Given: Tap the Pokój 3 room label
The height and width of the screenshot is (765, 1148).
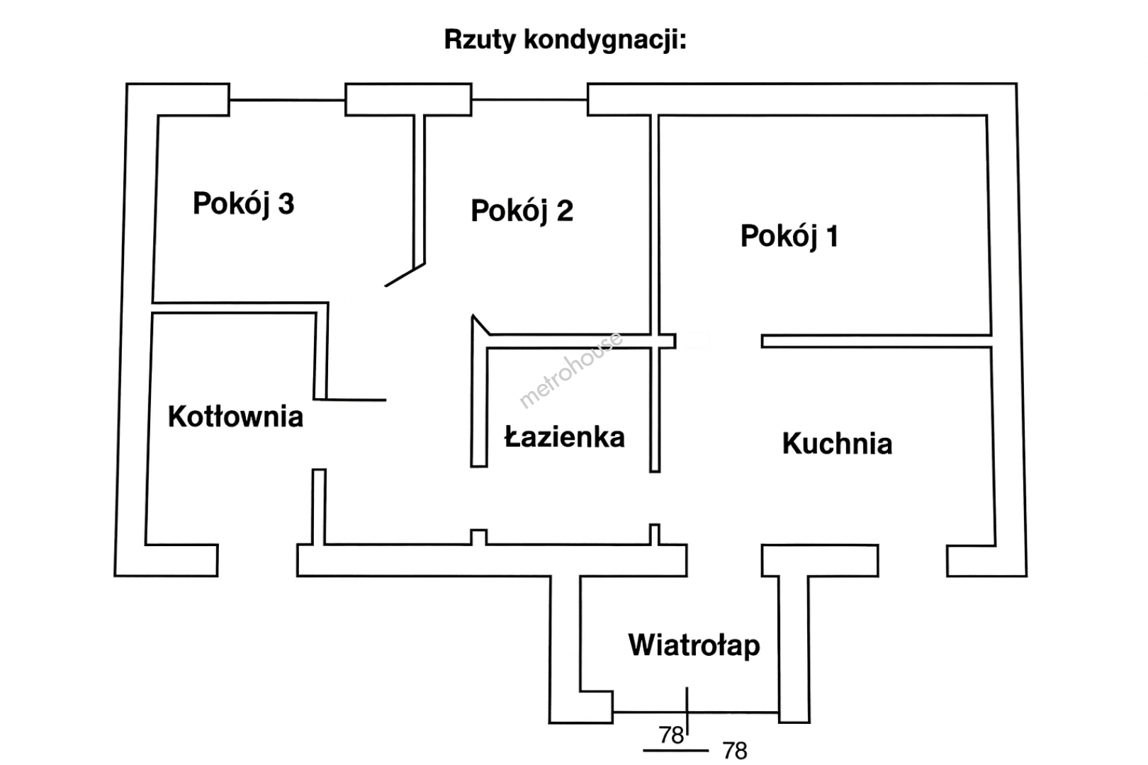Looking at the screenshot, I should pyautogui.click(x=243, y=204).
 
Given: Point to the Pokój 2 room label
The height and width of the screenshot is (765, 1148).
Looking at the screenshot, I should pyautogui.click(x=522, y=211).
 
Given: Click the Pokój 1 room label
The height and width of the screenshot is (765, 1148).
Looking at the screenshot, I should pyautogui.click(x=789, y=236).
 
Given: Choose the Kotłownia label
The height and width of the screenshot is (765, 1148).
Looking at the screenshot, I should pyautogui.click(x=235, y=416).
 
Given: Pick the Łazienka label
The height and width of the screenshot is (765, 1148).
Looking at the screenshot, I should pyautogui.click(x=564, y=437).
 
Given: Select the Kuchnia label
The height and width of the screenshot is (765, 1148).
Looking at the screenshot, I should pyautogui.click(x=837, y=443).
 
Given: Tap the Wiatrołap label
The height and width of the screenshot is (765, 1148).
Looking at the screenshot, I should pyautogui.click(x=694, y=645).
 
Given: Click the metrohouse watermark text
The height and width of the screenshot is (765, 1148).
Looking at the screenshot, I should pyautogui.click(x=571, y=370).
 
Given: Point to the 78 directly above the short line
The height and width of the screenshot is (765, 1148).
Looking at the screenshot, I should pyautogui.click(x=671, y=735).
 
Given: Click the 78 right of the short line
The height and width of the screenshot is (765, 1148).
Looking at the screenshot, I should pyautogui.click(x=735, y=751).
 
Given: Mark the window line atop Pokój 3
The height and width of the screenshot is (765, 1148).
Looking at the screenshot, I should pyautogui.click(x=287, y=100).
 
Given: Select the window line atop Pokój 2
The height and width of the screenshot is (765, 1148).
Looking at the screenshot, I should pyautogui.click(x=529, y=100).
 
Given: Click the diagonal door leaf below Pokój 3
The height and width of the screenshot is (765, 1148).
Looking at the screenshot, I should pyautogui.click(x=405, y=276).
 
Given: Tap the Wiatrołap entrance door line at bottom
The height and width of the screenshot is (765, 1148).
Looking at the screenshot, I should pyautogui.click(x=695, y=712).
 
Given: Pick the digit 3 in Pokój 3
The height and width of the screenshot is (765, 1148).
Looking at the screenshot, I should pyautogui.click(x=286, y=204).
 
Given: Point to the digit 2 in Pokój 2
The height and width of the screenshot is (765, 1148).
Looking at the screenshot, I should pyautogui.click(x=565, y=211).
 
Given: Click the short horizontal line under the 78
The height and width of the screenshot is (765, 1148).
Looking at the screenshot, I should pyautogui.click(x=675, y=750).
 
